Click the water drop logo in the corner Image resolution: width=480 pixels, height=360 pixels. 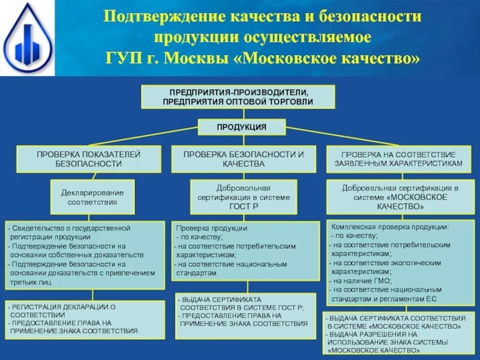[x=27, y=38]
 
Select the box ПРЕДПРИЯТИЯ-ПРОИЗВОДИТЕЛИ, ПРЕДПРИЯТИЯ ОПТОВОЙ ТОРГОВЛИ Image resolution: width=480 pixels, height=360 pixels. [x=238, y=97]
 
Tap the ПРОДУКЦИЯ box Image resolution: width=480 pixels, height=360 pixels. [x=241, y=127]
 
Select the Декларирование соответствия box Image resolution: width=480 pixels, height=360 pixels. [x=92, y=197]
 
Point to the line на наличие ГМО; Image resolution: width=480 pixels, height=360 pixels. [x=362, y=280]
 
